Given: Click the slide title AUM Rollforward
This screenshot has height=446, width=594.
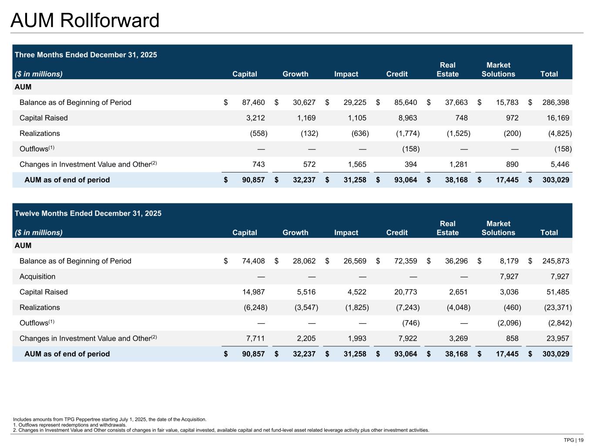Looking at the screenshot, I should coord(85,20).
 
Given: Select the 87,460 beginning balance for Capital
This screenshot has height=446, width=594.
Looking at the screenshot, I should coord(253,102).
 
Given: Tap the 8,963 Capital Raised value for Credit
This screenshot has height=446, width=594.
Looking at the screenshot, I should coord(406,118).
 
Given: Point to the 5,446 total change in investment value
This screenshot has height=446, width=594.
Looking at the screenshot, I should coord(558,165).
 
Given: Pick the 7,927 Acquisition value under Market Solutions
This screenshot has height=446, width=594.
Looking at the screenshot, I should coord(507,277).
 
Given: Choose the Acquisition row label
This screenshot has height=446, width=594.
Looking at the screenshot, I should coord(37,277).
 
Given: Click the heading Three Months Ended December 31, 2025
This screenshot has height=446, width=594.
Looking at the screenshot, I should coord(86,55).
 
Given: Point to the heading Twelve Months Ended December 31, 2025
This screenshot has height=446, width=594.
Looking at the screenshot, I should coord(88,213).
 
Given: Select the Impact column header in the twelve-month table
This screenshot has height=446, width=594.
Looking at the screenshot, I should coord(346,233).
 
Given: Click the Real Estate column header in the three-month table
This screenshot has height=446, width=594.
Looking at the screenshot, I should coord(447,70).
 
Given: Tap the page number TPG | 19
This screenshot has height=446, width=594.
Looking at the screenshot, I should coord(574,440).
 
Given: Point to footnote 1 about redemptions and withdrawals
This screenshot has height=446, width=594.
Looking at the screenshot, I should coord(70,425).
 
